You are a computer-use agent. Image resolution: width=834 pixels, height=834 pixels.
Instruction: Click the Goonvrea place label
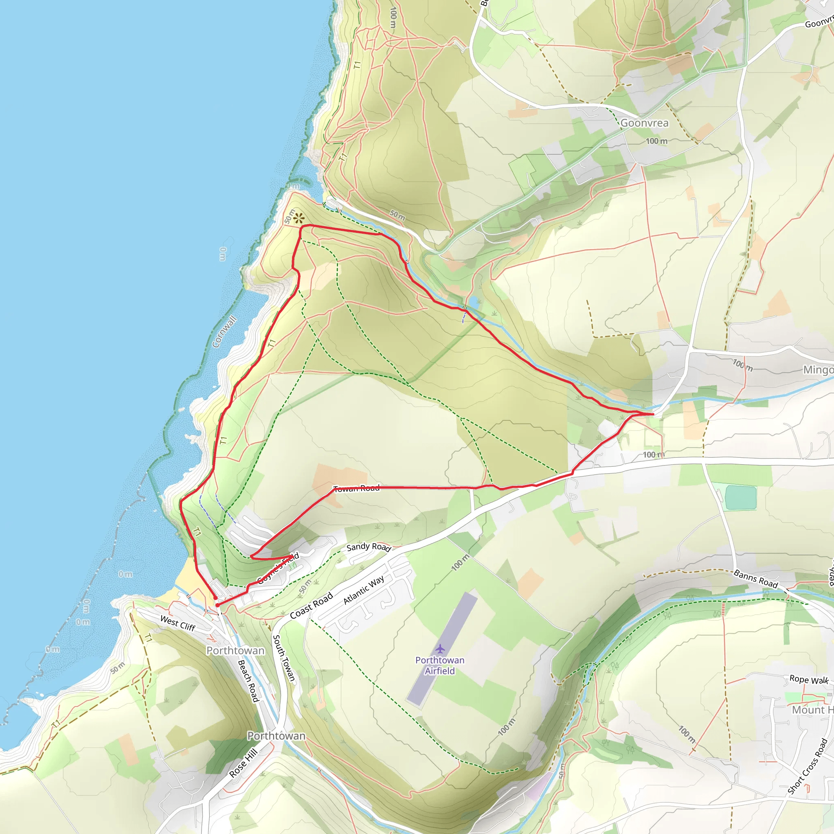(x=644, y=123)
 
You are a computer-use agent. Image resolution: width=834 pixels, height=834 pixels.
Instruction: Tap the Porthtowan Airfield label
(x=440, y=665)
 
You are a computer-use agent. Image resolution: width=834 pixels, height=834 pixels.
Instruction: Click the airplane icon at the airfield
(x=440, y=649)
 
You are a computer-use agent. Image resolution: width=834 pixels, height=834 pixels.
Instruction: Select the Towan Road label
(x=357, y=488)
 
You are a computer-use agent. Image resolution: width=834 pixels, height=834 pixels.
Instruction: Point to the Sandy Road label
(x=369, y=547)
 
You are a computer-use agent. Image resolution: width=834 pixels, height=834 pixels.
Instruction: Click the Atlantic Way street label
(x=364, y=590)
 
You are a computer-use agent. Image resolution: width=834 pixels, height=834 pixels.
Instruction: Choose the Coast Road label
(x=311, y=605)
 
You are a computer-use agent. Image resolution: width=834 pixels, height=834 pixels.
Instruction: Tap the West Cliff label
(x=178, y=623)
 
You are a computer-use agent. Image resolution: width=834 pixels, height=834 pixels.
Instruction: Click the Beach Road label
(x=248, y=681)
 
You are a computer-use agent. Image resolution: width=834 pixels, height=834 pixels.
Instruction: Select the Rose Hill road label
(x=244, y=763)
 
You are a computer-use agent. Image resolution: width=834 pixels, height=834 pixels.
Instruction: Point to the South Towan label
(x=283, y=658)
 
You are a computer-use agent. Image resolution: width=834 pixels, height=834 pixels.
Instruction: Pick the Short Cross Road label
(x=807, y=766)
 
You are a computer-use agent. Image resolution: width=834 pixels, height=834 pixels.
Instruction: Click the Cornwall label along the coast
(x=224, y=331)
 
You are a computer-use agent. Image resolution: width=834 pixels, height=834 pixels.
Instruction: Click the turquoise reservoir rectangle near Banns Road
(x=741, y=497)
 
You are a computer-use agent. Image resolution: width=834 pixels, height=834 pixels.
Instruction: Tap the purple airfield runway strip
(x=442, y=648)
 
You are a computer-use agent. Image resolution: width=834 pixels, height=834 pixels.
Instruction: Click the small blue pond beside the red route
(x=474, y=302)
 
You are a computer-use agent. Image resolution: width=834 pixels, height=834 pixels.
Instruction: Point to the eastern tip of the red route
(x=654, y=414)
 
